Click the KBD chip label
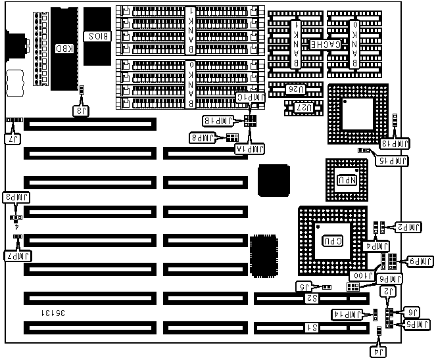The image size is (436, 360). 63,48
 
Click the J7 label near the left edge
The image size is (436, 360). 12,139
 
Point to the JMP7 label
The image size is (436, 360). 18,256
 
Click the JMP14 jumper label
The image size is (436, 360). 347,315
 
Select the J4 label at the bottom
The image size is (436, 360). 379,353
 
